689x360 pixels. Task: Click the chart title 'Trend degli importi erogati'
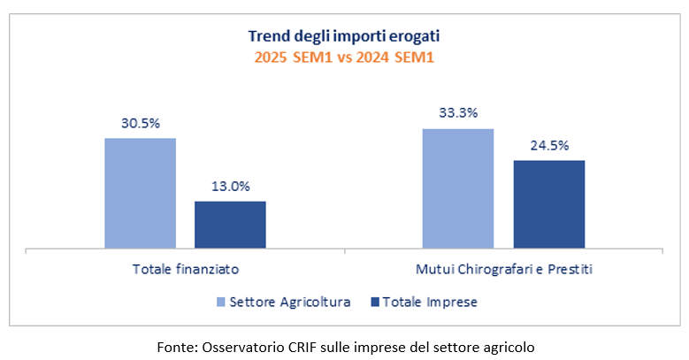[x=344, y=36]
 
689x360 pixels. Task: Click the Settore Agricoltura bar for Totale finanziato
[x=140, y=193]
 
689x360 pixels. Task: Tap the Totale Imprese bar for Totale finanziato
[x=230, y=225]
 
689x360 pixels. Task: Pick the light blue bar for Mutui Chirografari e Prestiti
[x=458, y=188]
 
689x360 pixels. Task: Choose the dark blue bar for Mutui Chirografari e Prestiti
[x=549, y=204]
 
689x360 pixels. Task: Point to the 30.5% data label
[x=140, y=123]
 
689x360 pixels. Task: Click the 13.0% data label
[x=230, y=187]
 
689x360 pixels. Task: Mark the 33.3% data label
[x=458, y=113]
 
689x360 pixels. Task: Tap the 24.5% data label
[x=549, y=145]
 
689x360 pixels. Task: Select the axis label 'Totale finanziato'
[x=186, y=268]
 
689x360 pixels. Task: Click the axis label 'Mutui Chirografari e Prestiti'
[x=503, y=268]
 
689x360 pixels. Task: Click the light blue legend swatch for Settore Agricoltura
[x=221, y=303]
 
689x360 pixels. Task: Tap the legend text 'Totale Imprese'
[x=429, y=303]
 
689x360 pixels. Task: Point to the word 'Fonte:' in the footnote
[x=173, y=346]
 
